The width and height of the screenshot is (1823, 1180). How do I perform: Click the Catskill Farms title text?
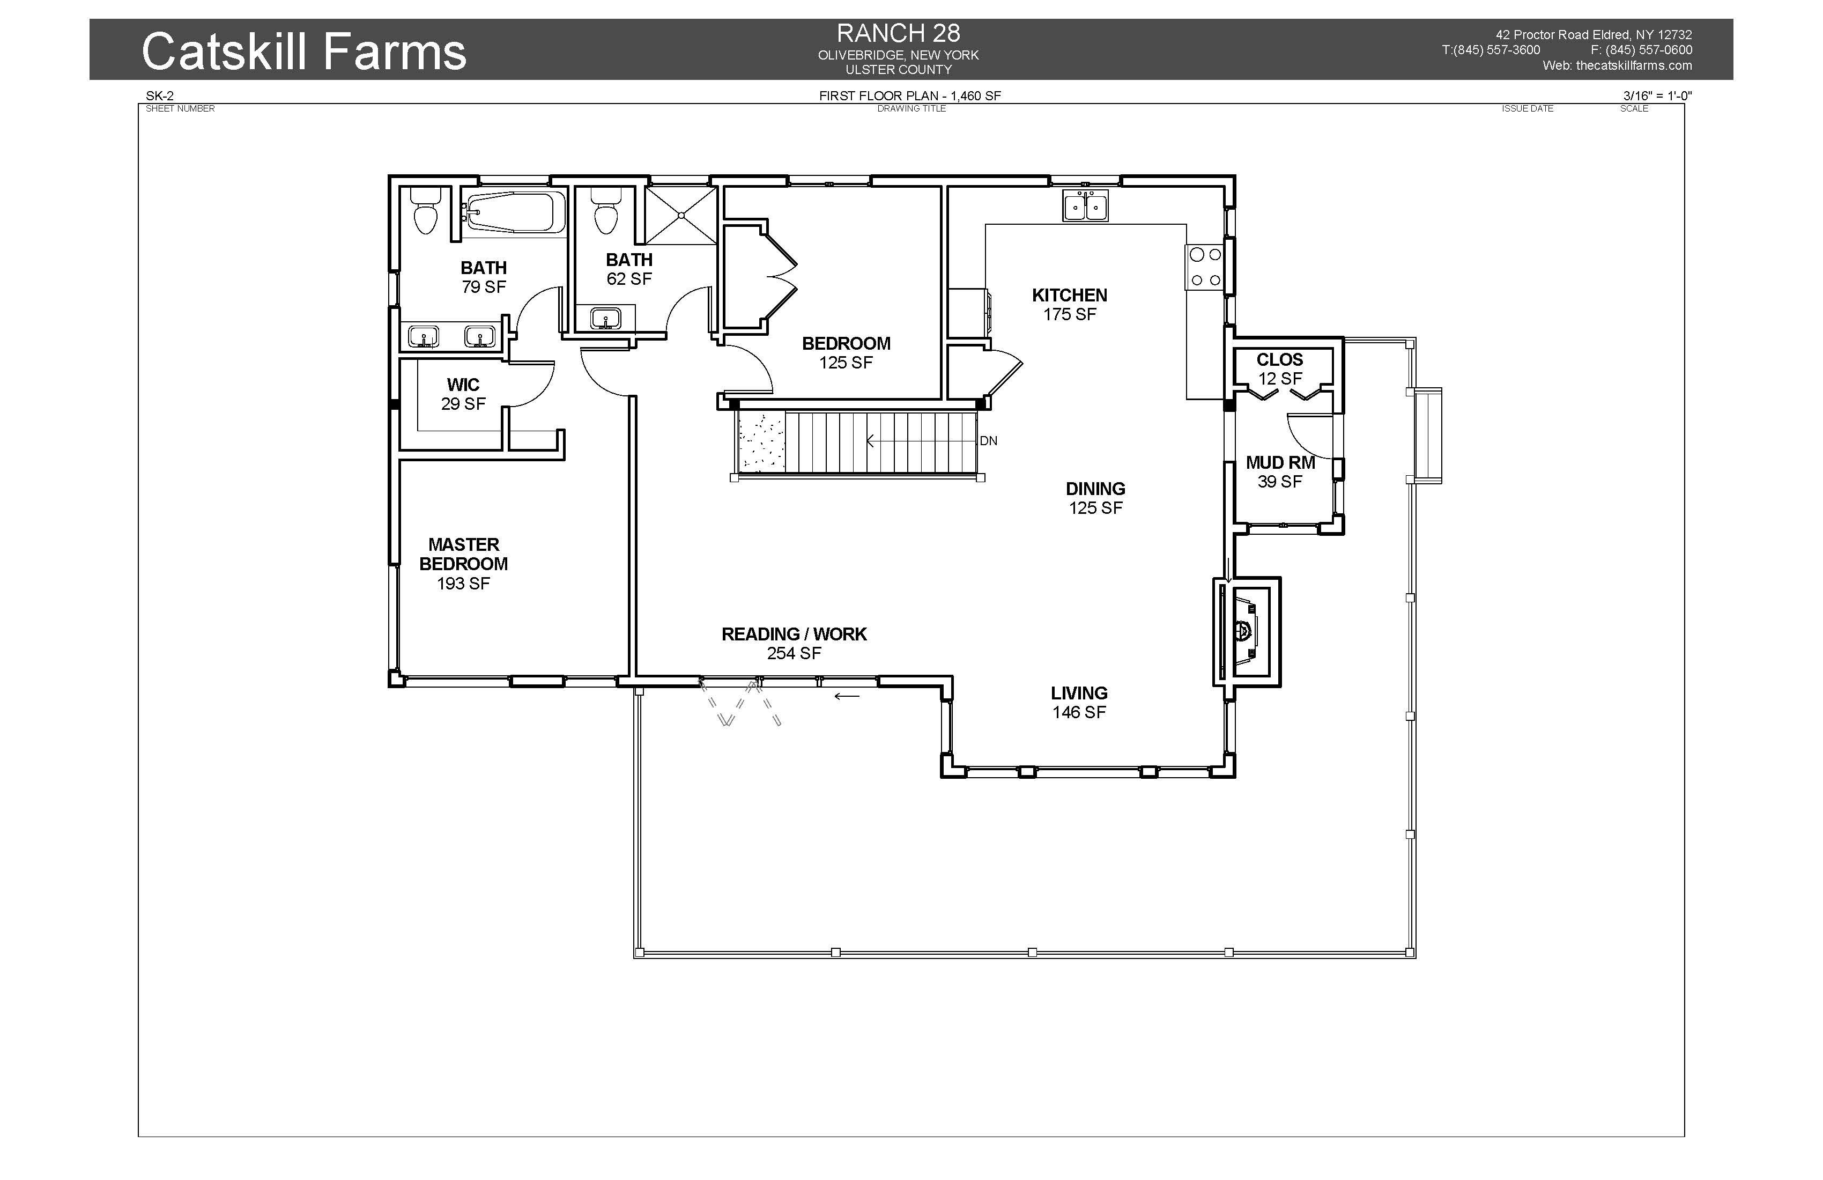(304, 51)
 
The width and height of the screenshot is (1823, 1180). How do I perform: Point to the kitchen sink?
(1085, 205)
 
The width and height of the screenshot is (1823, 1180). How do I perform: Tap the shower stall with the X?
(680, 215)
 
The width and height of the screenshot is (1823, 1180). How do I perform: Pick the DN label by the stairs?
(988, 440)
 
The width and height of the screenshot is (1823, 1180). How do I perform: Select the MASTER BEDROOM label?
(463, 554)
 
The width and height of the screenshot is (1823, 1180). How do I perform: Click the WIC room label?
(463, 385)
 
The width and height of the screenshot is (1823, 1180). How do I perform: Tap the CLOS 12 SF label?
(1280, 368)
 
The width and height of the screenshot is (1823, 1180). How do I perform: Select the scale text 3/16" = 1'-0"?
(1657, 96)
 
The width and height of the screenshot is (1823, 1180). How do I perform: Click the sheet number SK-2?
(160, 96)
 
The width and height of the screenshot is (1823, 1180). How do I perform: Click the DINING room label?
(1095, 488)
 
